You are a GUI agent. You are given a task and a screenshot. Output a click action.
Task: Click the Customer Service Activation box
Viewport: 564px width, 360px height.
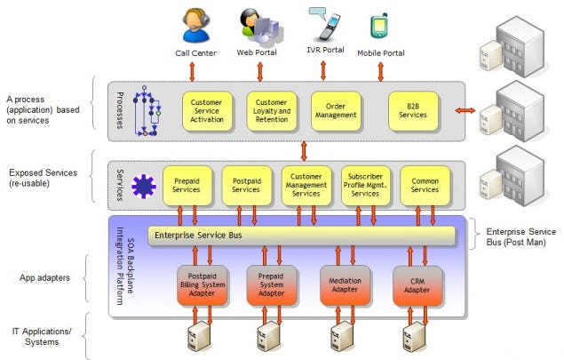[x=207, y=111]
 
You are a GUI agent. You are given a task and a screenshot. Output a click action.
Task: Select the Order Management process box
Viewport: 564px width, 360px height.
[x=336, y=111]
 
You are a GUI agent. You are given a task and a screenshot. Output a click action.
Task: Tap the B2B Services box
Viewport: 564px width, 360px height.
[x=414, y=111]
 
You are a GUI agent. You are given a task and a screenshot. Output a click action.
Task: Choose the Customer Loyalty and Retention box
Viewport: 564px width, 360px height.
[x=272, y=111]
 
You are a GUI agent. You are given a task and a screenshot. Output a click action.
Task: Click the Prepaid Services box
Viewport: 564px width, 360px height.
[x=187, y=186]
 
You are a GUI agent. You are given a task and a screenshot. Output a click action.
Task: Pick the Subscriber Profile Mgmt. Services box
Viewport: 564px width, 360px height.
[x=365, y=186]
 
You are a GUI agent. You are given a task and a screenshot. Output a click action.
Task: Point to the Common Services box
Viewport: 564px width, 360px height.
[x=425, y=186]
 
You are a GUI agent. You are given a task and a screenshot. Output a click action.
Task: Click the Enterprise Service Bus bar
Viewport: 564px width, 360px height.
[x=301, y=236]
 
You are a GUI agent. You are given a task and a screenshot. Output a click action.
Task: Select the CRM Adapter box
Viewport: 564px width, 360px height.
[x=417, y=286]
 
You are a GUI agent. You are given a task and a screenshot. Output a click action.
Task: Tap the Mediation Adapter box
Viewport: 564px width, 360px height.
[x=345, y=286]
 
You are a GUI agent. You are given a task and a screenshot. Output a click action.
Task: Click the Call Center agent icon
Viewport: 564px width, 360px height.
[x=195, y=25]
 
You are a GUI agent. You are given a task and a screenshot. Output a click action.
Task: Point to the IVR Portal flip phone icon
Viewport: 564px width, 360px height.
[x=328, y=25]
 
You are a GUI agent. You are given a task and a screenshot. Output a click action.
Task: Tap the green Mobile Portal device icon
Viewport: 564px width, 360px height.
[x=379, y=26]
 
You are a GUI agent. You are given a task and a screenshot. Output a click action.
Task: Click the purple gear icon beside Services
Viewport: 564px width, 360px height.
[x=144, y=186]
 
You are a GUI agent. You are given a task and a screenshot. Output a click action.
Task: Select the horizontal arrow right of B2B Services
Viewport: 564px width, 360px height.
[x=465, y=110]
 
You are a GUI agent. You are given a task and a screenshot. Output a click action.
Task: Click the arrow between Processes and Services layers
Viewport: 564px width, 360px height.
[x=304, y=151]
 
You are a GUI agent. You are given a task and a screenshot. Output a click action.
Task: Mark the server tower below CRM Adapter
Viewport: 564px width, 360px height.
[x=415, y=337]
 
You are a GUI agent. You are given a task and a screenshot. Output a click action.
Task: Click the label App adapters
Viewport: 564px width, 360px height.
[x=44, y=278]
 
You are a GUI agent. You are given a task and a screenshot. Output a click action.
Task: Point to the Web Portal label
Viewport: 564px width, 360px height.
[x=257, y=52]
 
